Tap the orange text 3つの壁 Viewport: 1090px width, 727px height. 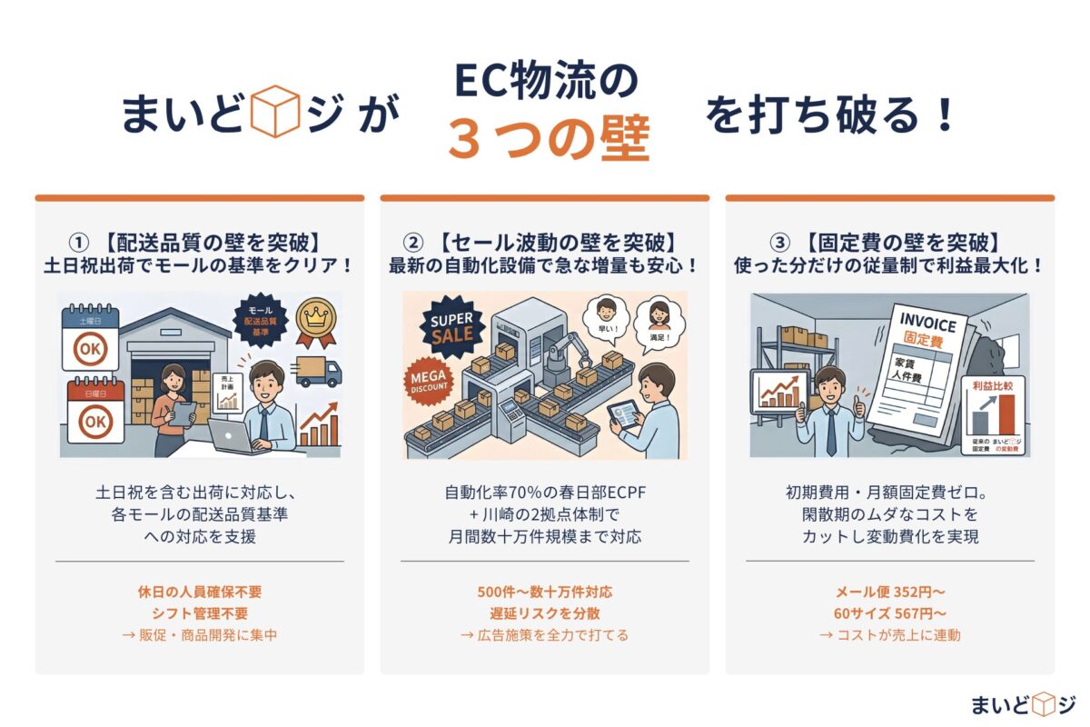549,139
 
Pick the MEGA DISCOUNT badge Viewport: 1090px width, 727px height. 428,381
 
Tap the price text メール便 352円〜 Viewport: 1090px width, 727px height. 889,592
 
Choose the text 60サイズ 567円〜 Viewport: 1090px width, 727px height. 889,613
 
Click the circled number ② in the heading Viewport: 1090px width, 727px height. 413,243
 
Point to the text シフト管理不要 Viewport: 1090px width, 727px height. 199,613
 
